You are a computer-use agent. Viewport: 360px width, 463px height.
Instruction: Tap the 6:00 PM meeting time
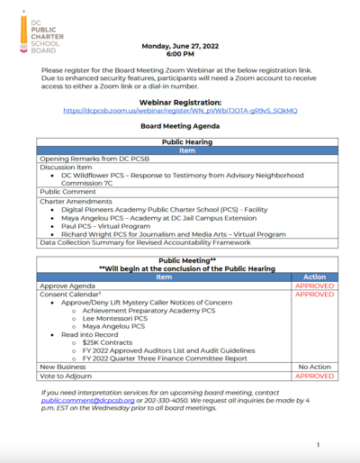tap(179, 55)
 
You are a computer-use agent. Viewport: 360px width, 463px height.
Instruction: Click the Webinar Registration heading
tap(179, 102)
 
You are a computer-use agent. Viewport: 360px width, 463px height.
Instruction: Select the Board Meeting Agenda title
tap(179, 127)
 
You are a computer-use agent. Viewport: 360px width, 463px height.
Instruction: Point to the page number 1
tap(319, 445)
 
